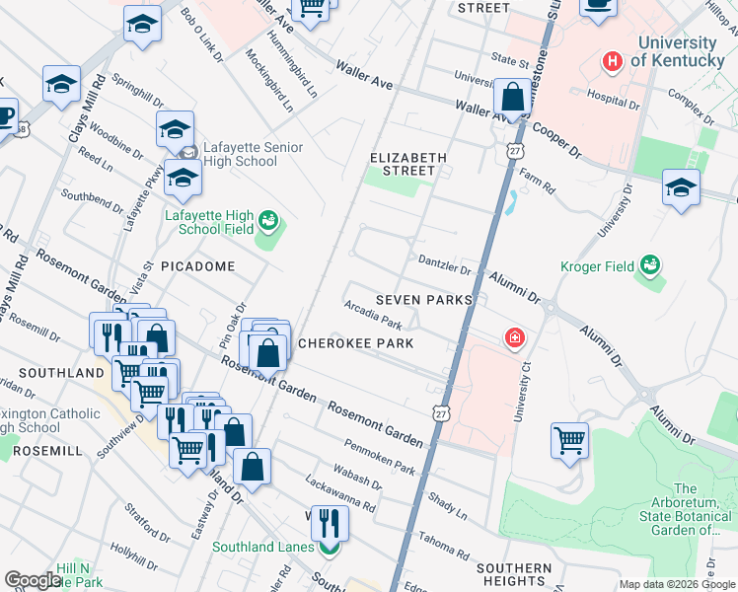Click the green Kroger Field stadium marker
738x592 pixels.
coord(649,264)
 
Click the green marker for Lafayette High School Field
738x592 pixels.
coord(267,222)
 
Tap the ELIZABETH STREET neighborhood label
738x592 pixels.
coord(408,164)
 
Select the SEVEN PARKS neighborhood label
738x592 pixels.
coord(423,299)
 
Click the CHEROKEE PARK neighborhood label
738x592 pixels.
coord(355,343)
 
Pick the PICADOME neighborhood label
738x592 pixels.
coord(197,266)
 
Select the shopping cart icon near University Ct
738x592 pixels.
coord(570,440)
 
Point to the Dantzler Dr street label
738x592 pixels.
coord(445,265)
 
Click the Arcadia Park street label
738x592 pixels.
coord(372,315)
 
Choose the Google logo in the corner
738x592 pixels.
coord(33,580)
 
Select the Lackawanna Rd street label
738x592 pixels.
coord(341,495)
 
